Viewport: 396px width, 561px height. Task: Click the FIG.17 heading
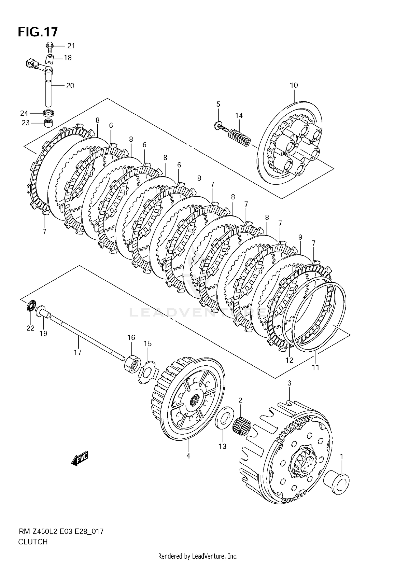pyautogui.click(x=37, y=32)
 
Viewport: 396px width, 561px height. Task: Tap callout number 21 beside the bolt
pyautogui.click(x=71, y=46)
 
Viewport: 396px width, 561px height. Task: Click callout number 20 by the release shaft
pyautogui.click(x=70, y=86)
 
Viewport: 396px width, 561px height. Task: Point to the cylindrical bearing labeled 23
pyautogui.click(x=48, y=123)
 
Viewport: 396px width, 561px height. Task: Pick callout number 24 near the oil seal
pyautogui.click(x=24, y=113)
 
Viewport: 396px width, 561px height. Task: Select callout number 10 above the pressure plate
pyautogui.click(x=294, y=85)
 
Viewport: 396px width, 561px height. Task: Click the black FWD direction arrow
pyautogui.click(x=79, y=459)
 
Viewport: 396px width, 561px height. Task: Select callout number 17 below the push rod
pyautogui.click(x=77, y=352)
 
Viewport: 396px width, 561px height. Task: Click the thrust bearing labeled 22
pyautogui.click(x=31, y=306)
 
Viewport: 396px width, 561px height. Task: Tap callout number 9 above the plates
pyautogui.click(x=300, y=237)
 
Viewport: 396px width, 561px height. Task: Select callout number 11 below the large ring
pyautogui.click(x=316, y=367)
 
